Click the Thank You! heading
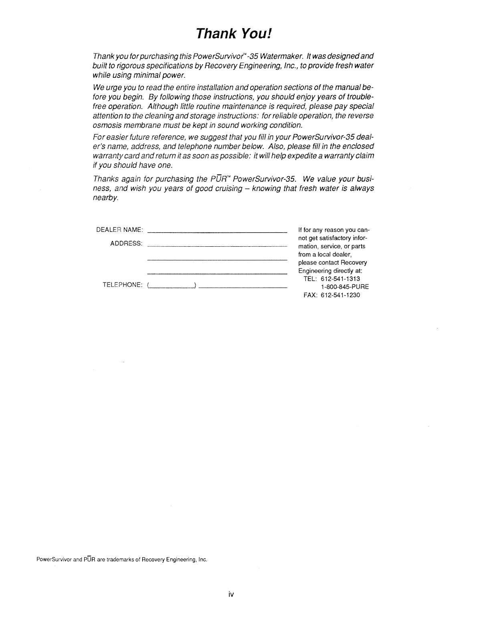coord(234,33)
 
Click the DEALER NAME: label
coord(119,230)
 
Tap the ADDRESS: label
coord(126,244)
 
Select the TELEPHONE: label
coord(122,285)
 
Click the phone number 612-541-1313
coord(340,279)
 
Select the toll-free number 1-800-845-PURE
coord(345,287)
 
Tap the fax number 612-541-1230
coord(340,295)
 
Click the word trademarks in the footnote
coord(124,560)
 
